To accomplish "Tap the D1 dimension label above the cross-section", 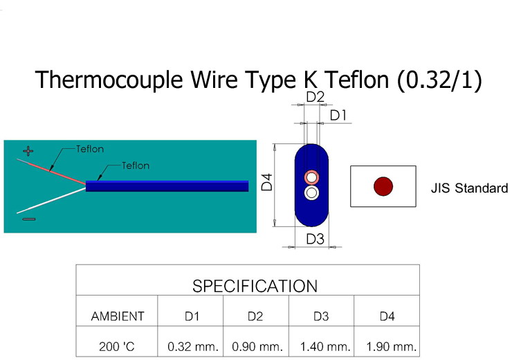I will coord(338,116).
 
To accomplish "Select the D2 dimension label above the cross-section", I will coord(315,98).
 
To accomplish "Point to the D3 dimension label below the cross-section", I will coord(315,239).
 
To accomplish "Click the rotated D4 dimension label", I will coord(267,183).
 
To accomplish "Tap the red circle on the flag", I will coord(383,186).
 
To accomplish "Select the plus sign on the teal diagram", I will coord(28,150).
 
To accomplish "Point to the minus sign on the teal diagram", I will coord(28,219).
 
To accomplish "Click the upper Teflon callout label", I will coord(90,148).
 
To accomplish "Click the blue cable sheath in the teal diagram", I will coord(166,186).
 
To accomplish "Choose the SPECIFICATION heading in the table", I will coord(255,286).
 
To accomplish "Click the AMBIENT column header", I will coord(118,316).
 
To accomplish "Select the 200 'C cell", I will coord(118,345).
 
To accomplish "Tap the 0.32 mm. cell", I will coord(193,345).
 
